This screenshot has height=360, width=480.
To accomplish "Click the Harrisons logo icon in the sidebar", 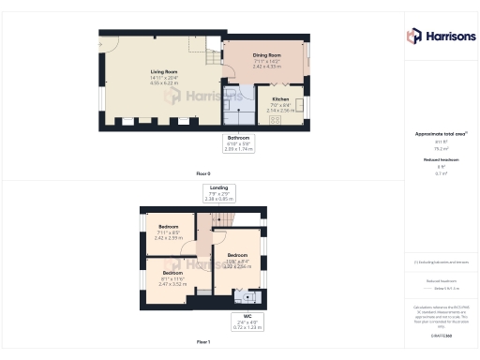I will [x=413, y=36].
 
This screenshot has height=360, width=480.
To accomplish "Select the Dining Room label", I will [x=267, y=55].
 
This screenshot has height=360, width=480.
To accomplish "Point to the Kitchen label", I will [x=280, y=98].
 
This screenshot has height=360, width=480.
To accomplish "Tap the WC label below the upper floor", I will [x=247, y=316].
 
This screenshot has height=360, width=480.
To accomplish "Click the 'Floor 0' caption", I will [x=203, y=174].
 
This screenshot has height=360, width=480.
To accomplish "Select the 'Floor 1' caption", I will [x=203, y=341].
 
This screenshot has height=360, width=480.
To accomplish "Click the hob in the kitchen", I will [x=276, y=120].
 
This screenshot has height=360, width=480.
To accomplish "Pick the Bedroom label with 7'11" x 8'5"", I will [x=169, y=227].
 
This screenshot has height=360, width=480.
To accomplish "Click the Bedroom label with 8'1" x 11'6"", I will [x=172, y=273].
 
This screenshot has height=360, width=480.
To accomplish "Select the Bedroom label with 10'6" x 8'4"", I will [x=236, y=255].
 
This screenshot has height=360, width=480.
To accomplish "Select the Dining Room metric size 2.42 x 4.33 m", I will [x=267, y=67].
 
